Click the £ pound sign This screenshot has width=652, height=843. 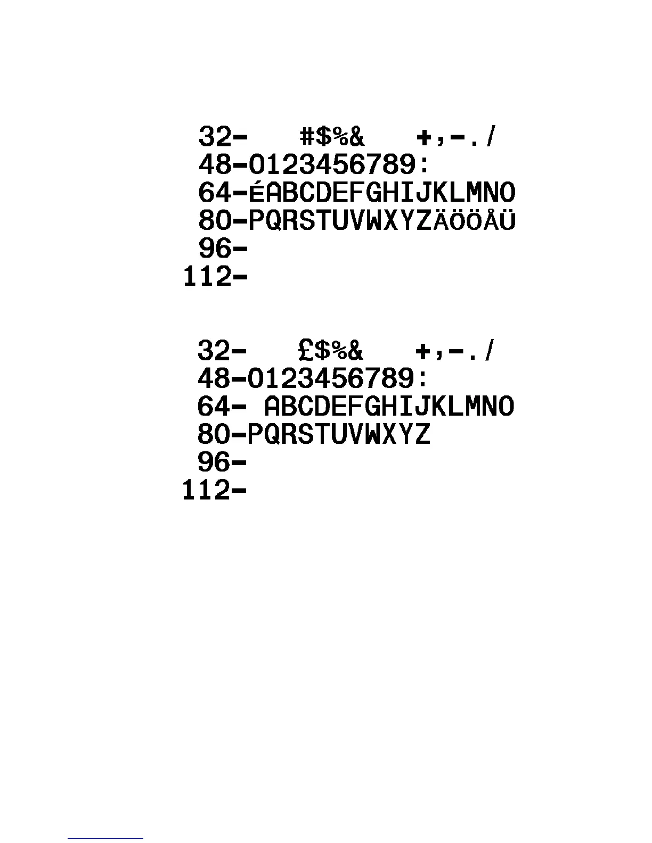point(307,350)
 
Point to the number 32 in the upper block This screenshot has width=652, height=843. point(215,137)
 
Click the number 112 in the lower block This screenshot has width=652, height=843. point(206,490)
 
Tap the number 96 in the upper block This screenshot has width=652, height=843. point(215,249)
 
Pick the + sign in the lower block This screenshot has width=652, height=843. point(423,351)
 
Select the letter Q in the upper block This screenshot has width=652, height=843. point(273,221)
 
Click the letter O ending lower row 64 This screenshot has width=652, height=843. point(507,407)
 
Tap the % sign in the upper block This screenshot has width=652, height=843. point(340,137)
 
